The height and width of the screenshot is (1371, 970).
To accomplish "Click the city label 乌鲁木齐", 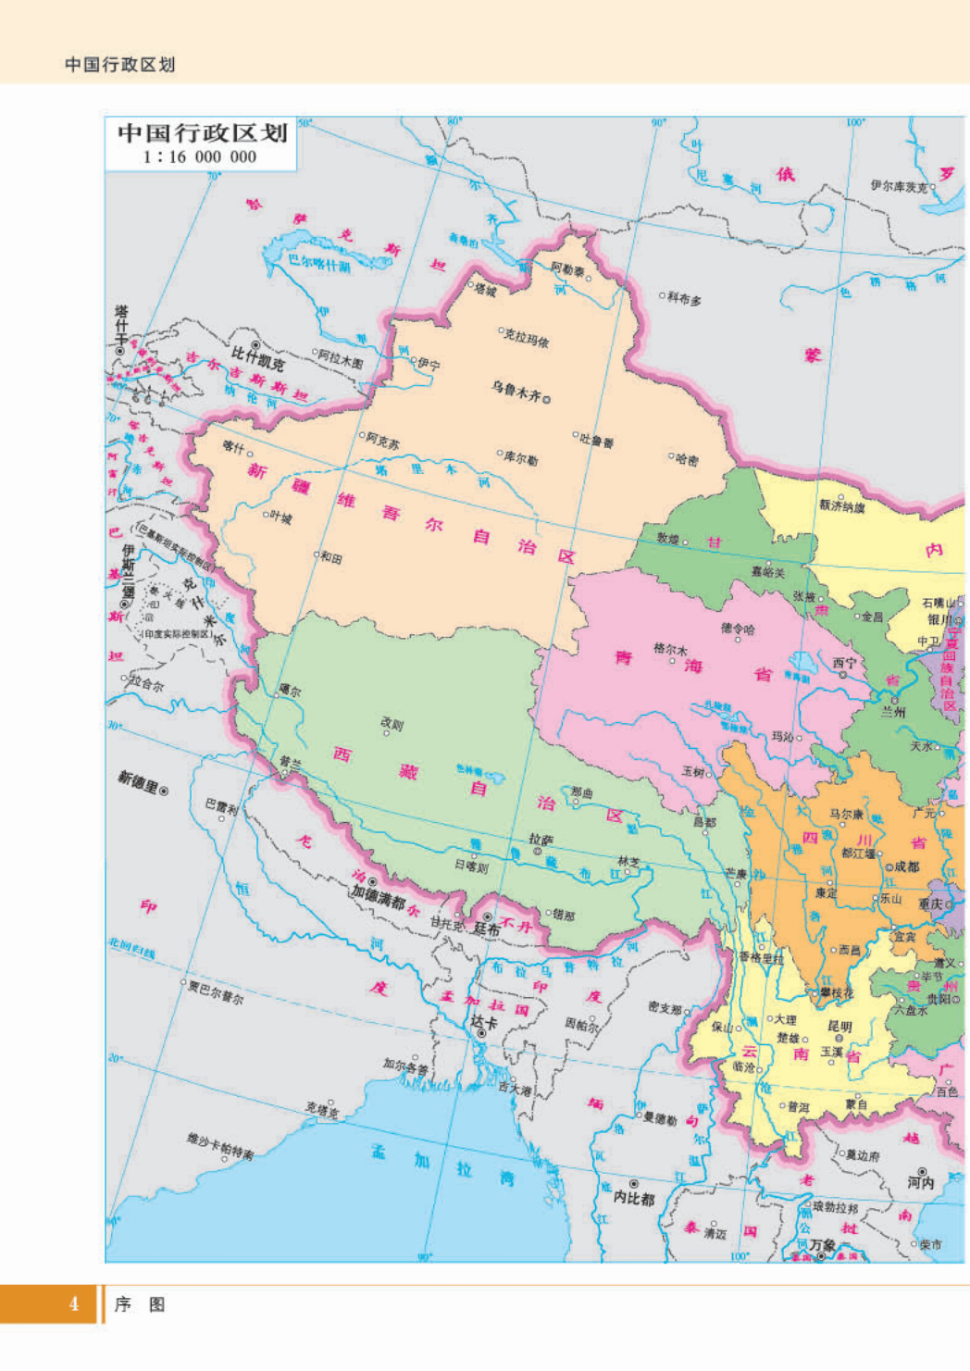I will coord(516,391).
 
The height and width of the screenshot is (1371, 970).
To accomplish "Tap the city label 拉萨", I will coord(541,840).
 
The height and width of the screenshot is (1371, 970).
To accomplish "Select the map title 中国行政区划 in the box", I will coord(202,133).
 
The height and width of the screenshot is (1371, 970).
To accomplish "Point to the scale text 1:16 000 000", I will coord(199,157).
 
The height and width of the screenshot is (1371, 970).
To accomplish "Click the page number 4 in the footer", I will coord(74,1304).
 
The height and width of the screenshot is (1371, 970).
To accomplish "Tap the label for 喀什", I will coord(233,447).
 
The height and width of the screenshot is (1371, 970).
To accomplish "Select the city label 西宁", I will coord(844,663).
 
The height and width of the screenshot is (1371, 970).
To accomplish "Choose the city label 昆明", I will coord(839,1027).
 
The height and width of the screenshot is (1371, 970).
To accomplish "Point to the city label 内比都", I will coord(634,1198).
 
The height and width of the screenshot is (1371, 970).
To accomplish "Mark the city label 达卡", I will coord(484,1022).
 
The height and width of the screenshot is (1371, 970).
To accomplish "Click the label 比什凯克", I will coord(258,356).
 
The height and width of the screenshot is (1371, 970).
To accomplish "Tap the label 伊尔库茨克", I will coord(898,186).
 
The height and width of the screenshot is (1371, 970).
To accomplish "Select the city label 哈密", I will coord(687,459).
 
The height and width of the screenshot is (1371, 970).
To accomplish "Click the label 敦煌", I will coord(668,538).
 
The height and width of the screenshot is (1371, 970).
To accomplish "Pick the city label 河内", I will coord(921,1182).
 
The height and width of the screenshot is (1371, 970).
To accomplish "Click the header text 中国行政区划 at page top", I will coord(119,65).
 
